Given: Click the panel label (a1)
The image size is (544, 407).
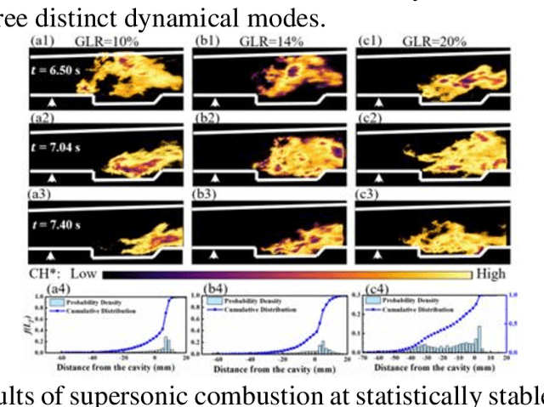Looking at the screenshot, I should pyautogui.click(x=42, y=40).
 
